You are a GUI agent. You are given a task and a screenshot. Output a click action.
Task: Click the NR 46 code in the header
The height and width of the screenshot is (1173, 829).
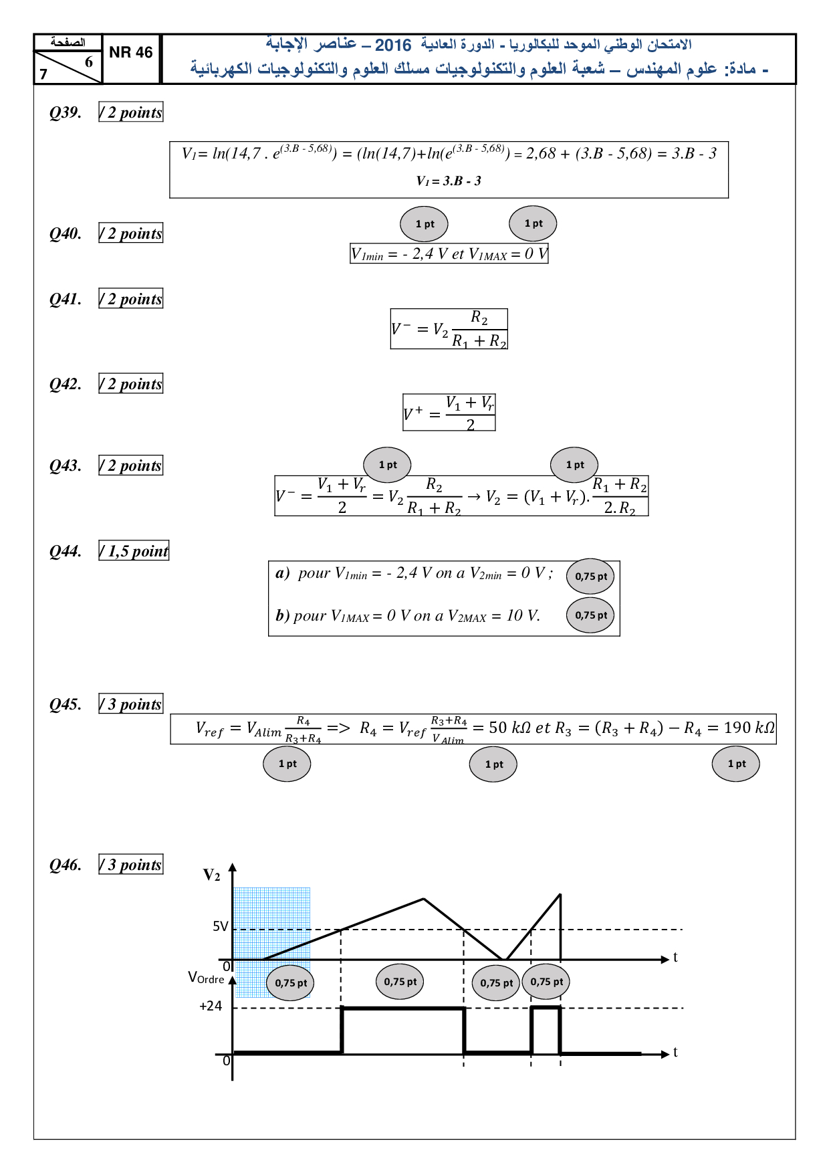pos(130,53)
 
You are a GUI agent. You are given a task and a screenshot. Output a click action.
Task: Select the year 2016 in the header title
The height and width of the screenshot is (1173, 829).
pos(393,45)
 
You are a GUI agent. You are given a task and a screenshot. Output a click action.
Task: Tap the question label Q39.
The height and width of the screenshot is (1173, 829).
pos(66,112)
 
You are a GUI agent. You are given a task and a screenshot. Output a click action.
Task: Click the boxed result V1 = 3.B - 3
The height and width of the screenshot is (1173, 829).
pos(449,181)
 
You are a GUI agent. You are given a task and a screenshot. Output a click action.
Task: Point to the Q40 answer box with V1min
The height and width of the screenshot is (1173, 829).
pos(449,254)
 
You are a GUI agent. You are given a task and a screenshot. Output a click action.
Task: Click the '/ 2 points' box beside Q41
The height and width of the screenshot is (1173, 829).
pos(131,299)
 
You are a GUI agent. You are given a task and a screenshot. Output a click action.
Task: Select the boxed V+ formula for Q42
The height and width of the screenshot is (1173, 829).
pos(449,413)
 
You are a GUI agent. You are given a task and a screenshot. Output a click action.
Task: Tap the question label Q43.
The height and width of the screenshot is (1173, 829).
pos(66,465)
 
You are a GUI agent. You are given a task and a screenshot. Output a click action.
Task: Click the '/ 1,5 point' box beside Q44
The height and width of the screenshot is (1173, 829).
pos(134,551)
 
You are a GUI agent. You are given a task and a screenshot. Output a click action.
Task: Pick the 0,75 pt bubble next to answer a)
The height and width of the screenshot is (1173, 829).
pos(591,576)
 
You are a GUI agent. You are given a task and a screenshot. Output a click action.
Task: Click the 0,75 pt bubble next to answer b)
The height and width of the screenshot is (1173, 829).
pos(591,615)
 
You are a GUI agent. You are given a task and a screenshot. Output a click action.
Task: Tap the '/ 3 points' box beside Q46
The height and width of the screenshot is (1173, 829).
pos(131,865)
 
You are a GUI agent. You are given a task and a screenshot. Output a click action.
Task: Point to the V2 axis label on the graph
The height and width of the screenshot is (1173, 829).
pos(211,875)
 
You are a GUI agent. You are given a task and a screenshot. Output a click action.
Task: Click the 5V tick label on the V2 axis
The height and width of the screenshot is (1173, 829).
pos(220,926)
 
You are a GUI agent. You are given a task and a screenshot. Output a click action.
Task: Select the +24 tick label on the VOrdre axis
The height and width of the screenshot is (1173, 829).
pos(211,1006)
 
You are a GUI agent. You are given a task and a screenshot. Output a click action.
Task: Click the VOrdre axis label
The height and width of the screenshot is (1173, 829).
pos(206,978)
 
